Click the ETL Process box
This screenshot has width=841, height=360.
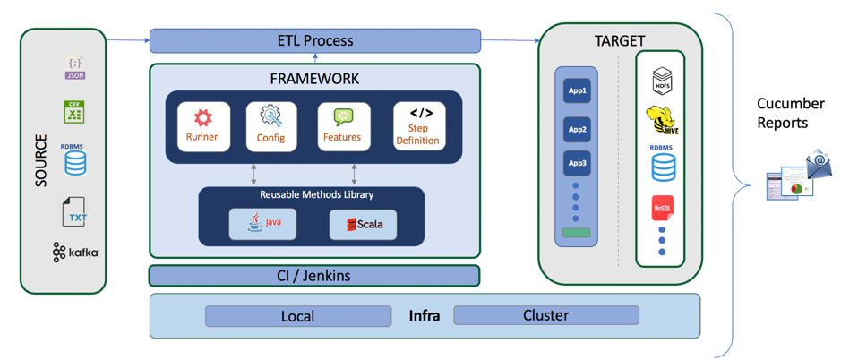[314, 40]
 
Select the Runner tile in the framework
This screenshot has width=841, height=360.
[202, 127]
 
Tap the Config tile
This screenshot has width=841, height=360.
[270, 127]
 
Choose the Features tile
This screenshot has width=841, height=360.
[343, 127]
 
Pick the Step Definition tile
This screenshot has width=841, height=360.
[418, 127]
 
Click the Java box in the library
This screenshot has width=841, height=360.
[262, 223]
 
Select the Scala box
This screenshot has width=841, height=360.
[363, 224]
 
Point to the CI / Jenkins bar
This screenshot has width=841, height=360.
[313, 275]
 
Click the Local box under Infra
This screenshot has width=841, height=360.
[297, 316]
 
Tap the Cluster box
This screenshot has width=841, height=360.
[545, 315]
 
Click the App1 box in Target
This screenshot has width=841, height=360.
[576, 90]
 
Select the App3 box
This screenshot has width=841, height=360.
[576, 163]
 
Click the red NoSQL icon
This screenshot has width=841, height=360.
[662, 208]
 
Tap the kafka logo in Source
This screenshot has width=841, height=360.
[74, 253]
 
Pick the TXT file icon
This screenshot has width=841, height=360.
[76, 213]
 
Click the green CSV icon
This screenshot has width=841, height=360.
[74, 112]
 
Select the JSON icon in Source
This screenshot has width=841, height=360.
[75, 68]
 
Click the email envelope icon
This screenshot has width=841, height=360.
[819, 165]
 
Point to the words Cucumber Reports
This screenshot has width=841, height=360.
[789, 114]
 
